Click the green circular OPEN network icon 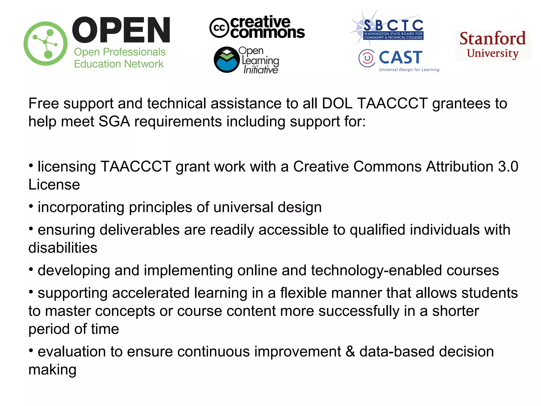pos(45,44)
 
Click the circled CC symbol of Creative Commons pos(219,28)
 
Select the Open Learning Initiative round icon pos(227,60)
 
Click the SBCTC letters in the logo pos(393,26)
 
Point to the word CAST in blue pos(400,57)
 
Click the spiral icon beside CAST pos(367,58)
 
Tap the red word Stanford pos(493,39)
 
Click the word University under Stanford pos(493,53)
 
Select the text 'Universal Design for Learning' pos(409,70)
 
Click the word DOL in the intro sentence pos(337,103)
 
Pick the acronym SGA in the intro pos(114,122)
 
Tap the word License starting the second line pos(54,184)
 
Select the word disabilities pos(63,248)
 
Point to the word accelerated pos(151,293)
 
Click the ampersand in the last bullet pos(350,352)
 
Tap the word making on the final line pos(52,370)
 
